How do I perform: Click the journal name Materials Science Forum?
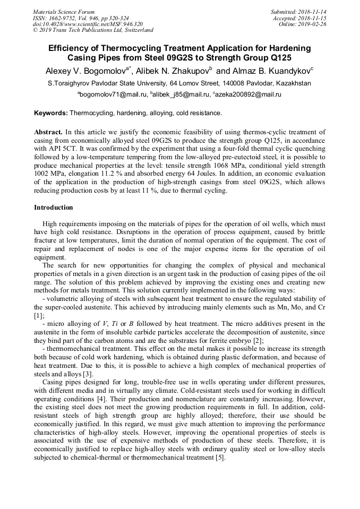pos(64,12)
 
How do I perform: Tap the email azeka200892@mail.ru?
pos(248,94)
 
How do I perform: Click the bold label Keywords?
pos(51,113)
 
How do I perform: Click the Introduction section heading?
pos(54,207)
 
